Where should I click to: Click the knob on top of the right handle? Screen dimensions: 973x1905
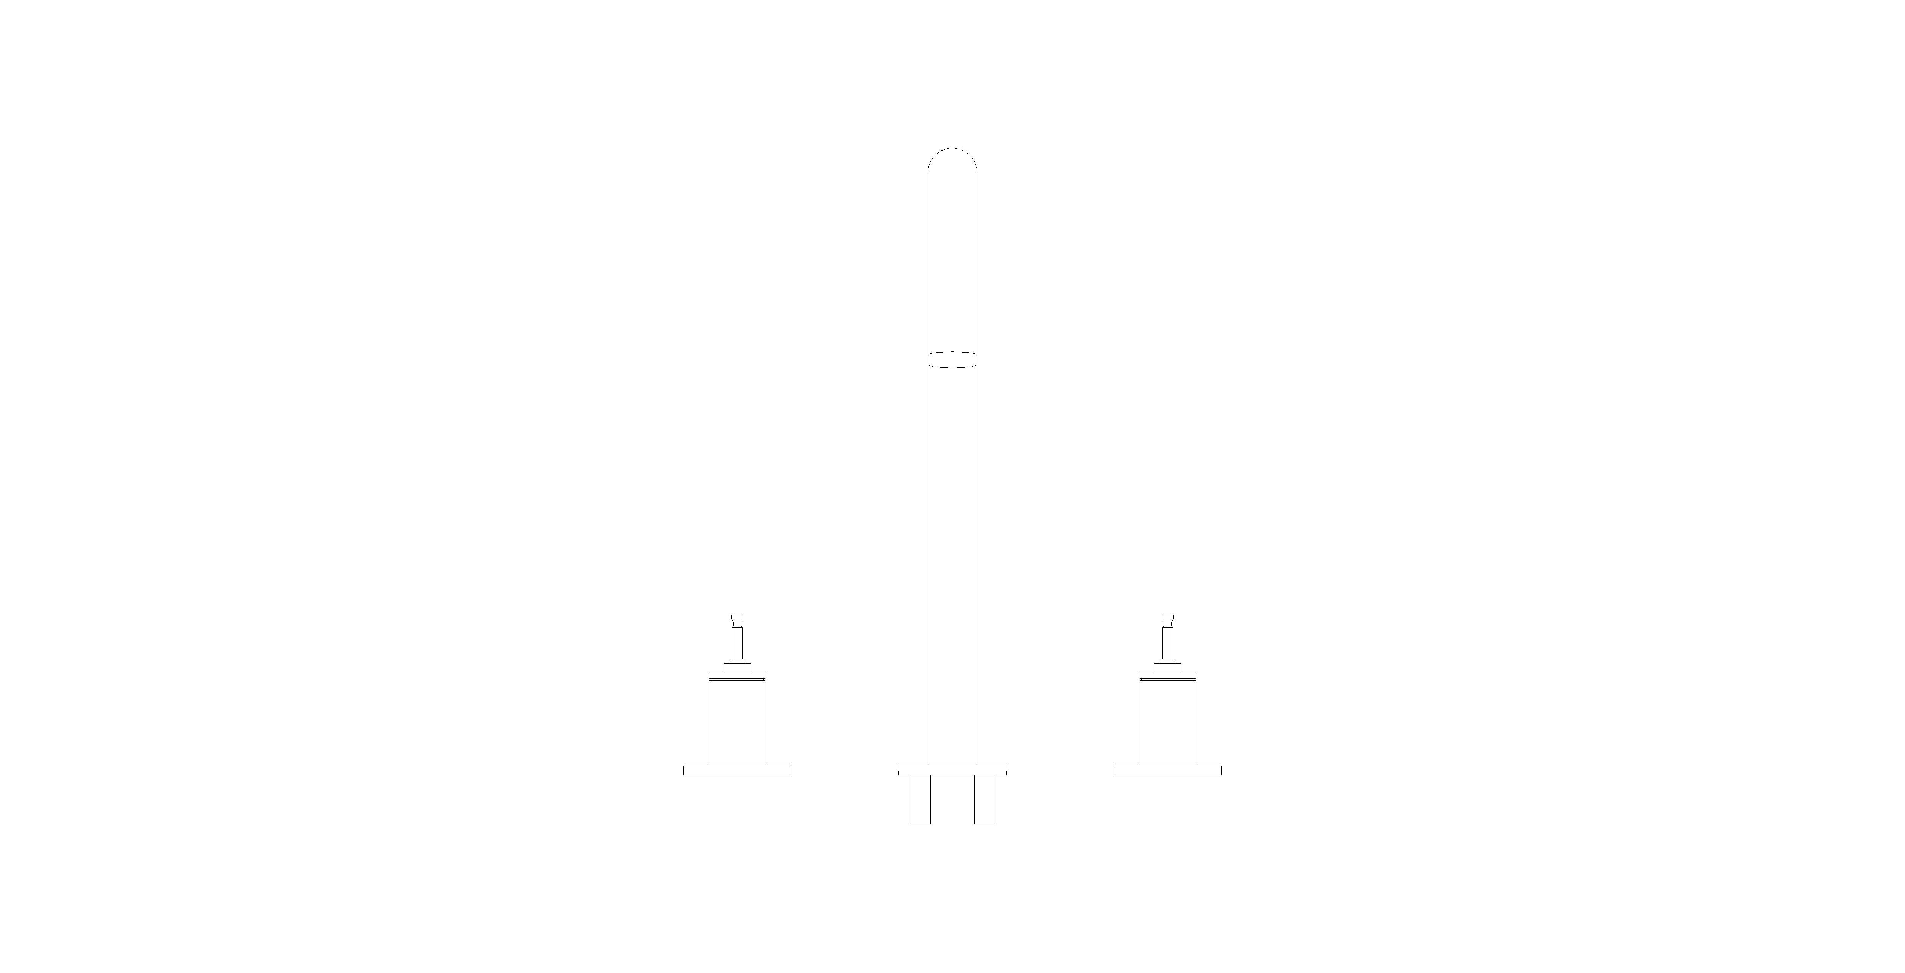tap(1168, 618)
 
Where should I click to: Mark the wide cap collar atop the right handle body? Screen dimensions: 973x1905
tap(1168, 675)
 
